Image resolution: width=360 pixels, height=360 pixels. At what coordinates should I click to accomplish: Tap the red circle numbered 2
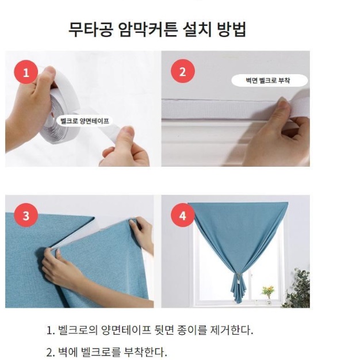(x=183, y=72)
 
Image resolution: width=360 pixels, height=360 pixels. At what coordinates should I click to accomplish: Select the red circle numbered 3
(x=26, y=216)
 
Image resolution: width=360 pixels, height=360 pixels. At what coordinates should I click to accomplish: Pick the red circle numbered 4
(x=183, y=216)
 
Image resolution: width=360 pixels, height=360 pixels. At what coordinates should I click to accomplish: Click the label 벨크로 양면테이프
(x=85, y=121)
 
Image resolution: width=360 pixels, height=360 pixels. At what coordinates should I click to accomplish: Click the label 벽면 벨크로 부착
(x=268, y=81)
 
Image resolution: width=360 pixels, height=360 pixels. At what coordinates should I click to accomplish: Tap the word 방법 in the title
(x=232, y=29)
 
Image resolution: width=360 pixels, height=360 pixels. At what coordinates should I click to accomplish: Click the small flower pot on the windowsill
(x=266, y=291)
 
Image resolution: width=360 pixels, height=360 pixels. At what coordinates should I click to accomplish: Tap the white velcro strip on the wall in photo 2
(x=219, y=109)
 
